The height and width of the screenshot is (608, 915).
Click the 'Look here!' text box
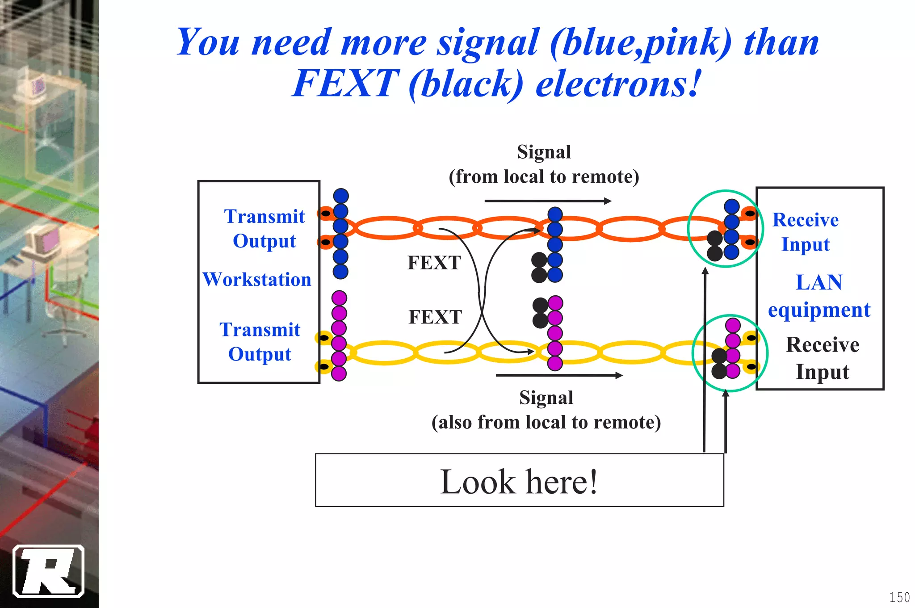[519, 481]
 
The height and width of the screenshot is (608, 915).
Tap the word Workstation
[257, 280]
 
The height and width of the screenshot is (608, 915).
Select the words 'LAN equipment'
[819, 296]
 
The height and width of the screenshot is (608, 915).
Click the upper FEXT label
[434, 263]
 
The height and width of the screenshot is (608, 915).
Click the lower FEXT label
[435, 317]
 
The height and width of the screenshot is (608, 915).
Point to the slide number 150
[899, 597]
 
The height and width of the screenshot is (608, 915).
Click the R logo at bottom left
[49, 571]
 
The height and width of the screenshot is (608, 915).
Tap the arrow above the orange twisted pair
[547, 201]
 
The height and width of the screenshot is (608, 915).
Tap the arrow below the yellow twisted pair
[558, 375]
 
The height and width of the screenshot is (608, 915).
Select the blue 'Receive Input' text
[806, 232]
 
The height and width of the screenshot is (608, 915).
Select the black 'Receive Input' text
[823, 358]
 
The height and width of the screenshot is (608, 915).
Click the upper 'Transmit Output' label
[264, 228]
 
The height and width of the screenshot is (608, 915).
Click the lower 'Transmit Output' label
[260, 342]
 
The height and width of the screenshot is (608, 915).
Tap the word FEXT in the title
[345, 84]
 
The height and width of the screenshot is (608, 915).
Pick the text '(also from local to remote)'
[546, 422]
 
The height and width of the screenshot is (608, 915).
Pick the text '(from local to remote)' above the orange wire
[544, 177]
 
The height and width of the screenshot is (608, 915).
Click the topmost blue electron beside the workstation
[341, 196]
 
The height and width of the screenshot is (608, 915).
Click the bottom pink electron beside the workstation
[339, 373]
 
